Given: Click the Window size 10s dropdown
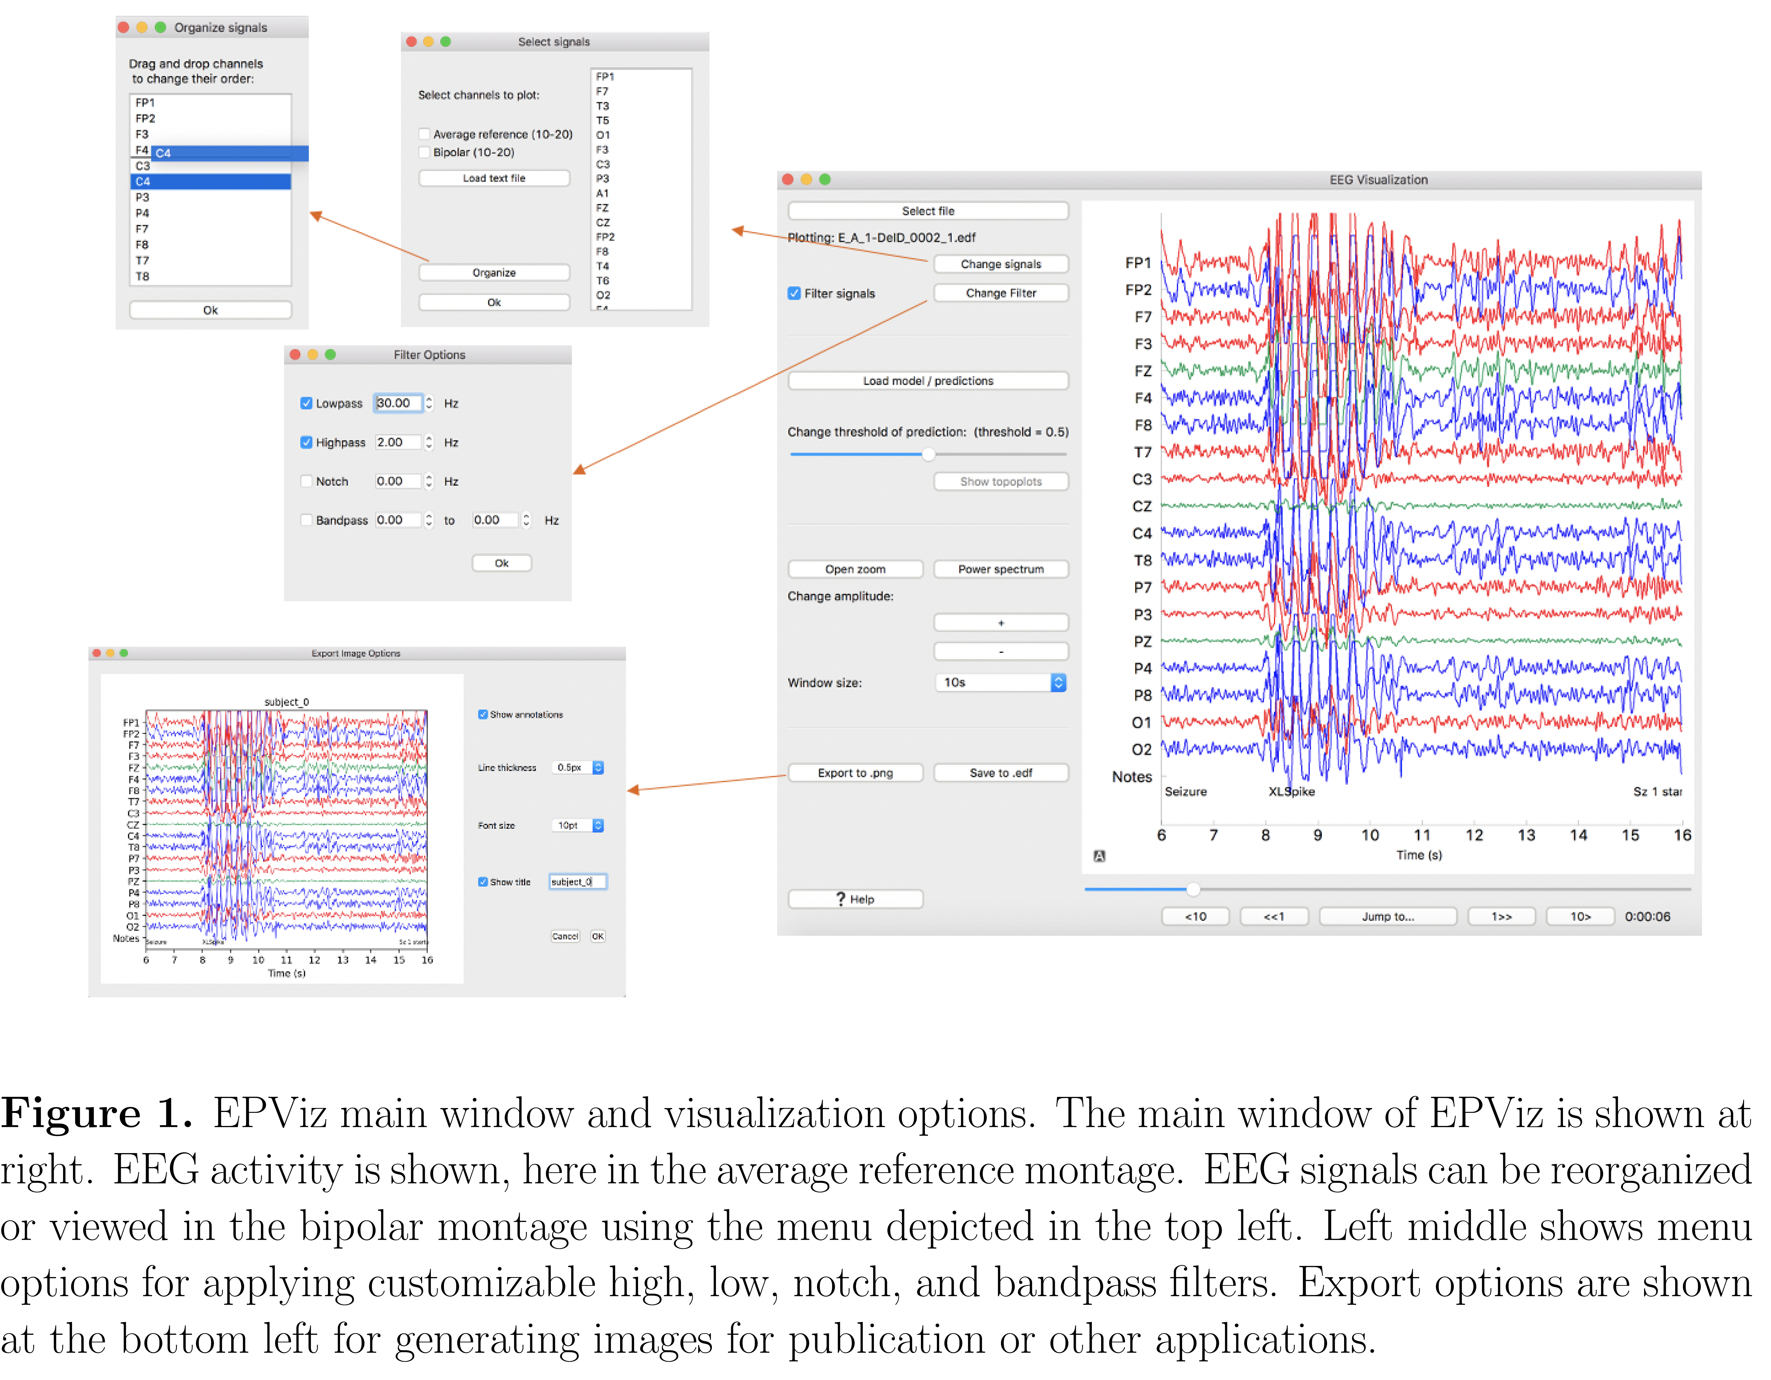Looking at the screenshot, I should tap(1000, 683).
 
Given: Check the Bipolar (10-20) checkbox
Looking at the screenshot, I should tap(424, 152).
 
